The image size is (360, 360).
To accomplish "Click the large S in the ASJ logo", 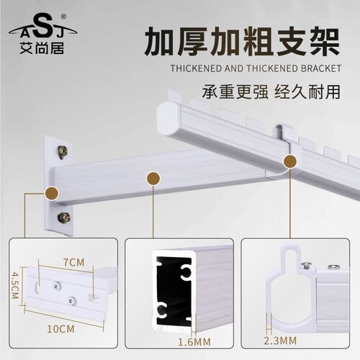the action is click(x=43, y=26).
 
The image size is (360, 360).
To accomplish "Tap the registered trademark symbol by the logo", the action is click(x=63, y=17).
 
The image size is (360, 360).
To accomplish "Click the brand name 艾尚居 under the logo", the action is click(x=42, y=48).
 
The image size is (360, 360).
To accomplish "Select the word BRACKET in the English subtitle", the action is click(x=321, y=68).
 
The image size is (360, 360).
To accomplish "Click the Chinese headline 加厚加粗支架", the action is click(x=242, y=41).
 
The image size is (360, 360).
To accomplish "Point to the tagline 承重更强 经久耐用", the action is click(x=271, y=91).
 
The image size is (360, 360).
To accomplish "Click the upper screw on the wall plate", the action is click(x=63, y=152).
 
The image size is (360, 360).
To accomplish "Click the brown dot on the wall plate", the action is click(x=52, y=193).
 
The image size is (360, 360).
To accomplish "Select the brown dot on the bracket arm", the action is click(x=153, y=179).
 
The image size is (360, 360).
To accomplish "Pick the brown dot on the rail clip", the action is click(x=290, y=161).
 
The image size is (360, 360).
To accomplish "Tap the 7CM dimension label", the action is click(x=74, y=262).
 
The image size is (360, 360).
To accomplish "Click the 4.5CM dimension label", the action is click(x=15, y=285).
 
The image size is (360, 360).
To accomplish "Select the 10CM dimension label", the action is click(x=60, y=329).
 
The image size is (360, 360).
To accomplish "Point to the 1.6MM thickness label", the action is click(x=194, y=342).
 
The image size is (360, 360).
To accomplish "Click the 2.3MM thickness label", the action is click(x=280, y=341).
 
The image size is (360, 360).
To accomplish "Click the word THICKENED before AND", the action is click(x=196, y=68).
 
